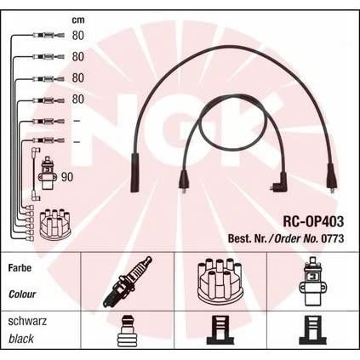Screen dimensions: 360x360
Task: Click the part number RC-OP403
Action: [x=313, y=221]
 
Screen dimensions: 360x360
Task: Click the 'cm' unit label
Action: [x=78, y=20]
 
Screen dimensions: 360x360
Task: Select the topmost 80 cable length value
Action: [x=78, y=36]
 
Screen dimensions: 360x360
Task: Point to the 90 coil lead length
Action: [x=67, y=177]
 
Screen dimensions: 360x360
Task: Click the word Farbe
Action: [x=20, y=268]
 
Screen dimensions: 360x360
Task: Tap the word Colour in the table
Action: [x=22, y=294]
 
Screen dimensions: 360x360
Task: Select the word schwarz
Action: [x=27, y=322]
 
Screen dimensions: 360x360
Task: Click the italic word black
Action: [x=21, y=339]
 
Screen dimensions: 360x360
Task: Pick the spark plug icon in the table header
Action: [x=128, y=282]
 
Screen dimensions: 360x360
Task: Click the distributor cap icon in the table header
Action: [x=220, y=281]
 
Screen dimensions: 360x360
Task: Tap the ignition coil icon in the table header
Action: [x=312, y=281]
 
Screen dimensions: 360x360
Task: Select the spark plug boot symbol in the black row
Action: [x=129, y=331]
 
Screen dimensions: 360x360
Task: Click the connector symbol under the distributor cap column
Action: [x=220, y=330]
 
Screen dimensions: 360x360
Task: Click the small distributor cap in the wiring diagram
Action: [x=54, y=224]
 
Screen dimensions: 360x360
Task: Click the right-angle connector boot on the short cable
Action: [x=278, y=184]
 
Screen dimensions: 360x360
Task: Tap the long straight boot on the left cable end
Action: [x=134, y=173]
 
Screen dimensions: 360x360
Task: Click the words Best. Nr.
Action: [x=247, y=238]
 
